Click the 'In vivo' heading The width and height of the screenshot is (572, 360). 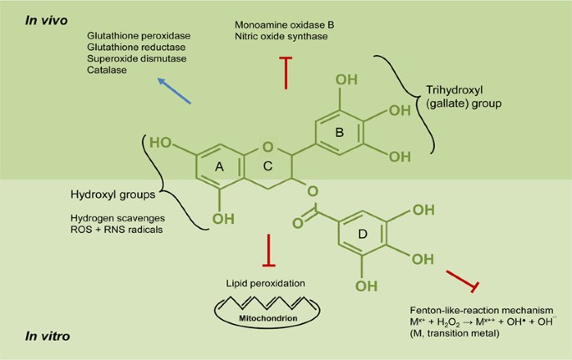[x=46, y=20]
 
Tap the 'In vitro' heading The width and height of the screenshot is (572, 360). [x=48, y=336]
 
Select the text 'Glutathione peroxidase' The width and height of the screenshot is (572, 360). [x=139, y=36]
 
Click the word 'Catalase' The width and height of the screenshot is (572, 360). [x=107, y=69]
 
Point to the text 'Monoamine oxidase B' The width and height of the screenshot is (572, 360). [x=285, y=25]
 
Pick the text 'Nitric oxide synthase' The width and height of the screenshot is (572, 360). [x=281, y=36]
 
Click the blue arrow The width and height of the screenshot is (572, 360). [x=174, y=91]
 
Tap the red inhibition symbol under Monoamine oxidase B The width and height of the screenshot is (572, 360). [x=286, y=73]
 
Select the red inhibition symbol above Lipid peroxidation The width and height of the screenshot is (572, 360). [x=269, y=251]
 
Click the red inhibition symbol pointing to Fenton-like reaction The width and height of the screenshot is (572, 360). [x=463, y=281]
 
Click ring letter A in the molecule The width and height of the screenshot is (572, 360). [x=219, y=167]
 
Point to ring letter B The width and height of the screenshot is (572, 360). [x=339, y=133]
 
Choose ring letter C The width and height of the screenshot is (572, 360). [x=268, y=166]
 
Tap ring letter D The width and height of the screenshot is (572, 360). [x=362, y=234]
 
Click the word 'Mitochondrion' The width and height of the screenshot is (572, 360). [x=268, y=318]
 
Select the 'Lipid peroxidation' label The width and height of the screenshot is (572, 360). [x=266, y=283]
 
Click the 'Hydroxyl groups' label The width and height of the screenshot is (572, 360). [x=113, y=195]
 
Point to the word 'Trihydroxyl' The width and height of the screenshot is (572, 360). [x=454, y=89]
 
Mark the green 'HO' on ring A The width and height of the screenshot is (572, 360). [x=160, y=142]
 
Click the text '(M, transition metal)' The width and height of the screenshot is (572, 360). [x=454, y=333]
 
